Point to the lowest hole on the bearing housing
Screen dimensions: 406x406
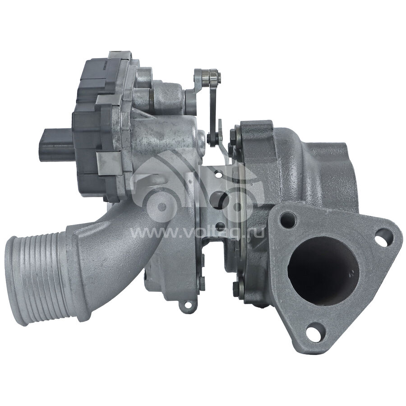pos(220,226)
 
